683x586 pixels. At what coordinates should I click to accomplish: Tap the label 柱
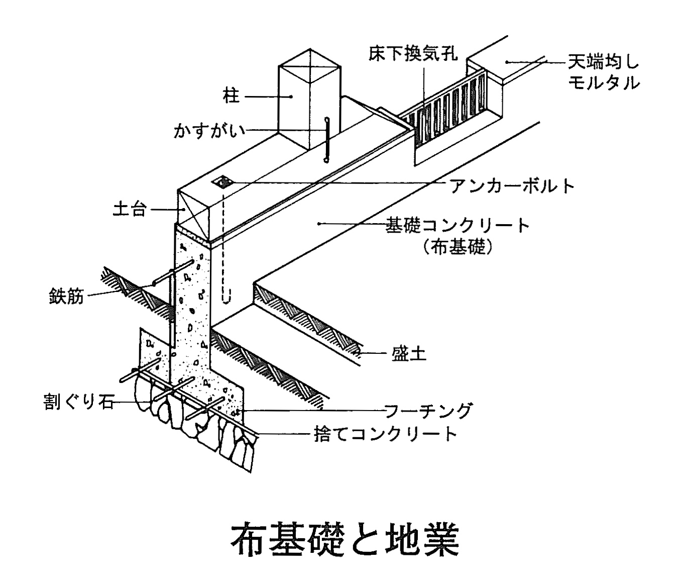(x=232, y=95)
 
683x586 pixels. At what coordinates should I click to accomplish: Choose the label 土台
(x=130, y=209)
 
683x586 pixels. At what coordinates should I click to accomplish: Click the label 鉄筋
(x=66, y=296)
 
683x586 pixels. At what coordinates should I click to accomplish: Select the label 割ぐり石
(x=79, y=403)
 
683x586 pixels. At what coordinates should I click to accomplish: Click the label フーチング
(x=428, y=411)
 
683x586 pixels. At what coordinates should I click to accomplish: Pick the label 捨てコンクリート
(x=386, y=433)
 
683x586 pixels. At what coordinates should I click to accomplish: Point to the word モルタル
(x=604, y=82)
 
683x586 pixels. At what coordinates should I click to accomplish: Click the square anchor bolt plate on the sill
(x=221, y=181)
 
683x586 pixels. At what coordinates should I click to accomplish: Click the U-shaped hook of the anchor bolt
(x=226, y=297)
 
